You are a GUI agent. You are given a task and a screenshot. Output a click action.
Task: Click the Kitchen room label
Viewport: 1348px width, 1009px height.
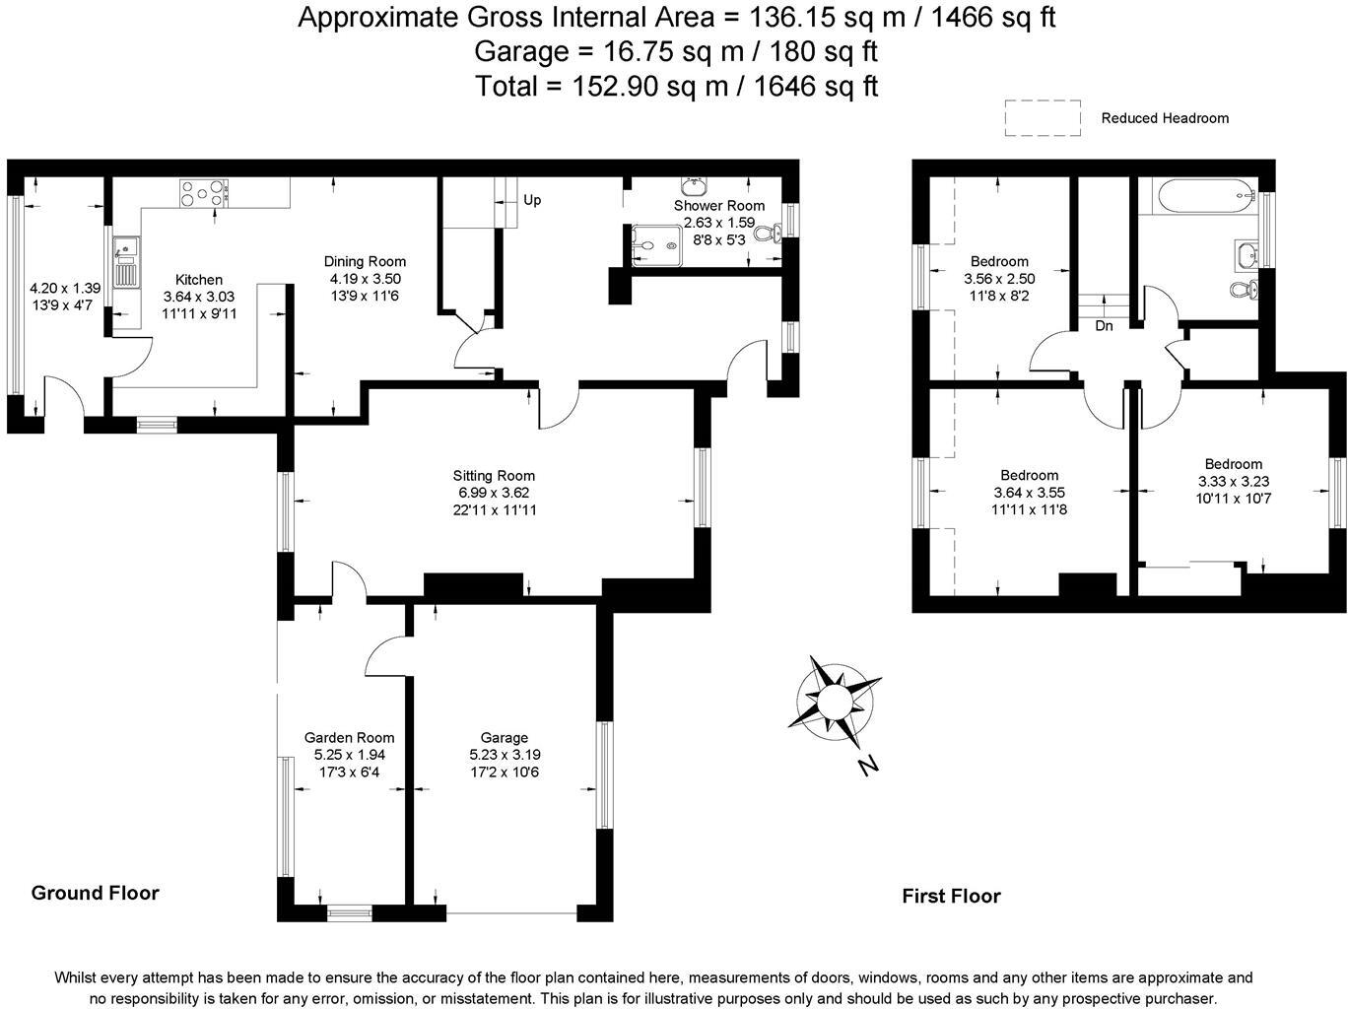click(x=199, y=280)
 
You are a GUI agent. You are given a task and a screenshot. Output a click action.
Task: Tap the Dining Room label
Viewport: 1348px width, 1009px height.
click(x=365, y=261)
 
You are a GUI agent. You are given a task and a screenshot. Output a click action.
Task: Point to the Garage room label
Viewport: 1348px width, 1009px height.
click(x=505, y=737)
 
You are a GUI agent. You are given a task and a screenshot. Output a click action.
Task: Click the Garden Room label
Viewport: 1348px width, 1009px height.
click(x=349, y=737)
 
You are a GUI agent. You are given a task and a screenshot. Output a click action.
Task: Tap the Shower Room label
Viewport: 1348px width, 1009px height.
click(x=719, y=205)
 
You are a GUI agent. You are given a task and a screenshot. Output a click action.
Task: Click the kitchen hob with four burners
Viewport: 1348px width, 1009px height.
click(x=204, y=192)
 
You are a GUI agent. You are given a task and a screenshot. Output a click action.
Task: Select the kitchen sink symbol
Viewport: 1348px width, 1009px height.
click(x=126, y=263)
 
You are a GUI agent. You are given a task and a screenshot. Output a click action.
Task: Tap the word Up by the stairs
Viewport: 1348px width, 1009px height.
click(x=532, y=200)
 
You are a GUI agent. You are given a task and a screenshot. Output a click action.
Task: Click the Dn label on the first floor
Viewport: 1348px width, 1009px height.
click(x=1104, y=325)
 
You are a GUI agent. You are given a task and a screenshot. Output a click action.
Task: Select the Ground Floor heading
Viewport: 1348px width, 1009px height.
click(x=95, y=893)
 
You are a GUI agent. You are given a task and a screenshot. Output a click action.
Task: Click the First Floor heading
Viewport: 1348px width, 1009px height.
click(x=951, y=896)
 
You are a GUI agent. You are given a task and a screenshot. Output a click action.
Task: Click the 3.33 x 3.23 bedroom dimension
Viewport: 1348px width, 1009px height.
click(x=1233, y=482)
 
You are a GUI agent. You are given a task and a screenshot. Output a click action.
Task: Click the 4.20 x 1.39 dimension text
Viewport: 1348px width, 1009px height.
click(x=65, y=289)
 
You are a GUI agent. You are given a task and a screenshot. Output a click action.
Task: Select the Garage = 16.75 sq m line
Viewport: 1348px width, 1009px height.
click(x=676, y=50)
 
